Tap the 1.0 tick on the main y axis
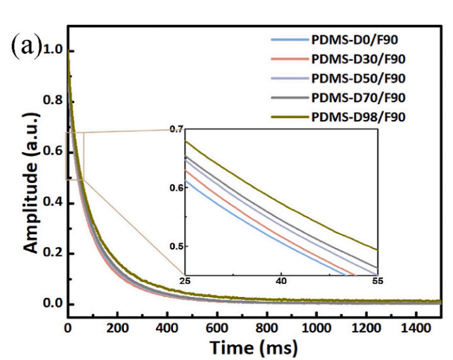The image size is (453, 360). point(52,51)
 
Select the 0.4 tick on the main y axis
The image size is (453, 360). point(52,203)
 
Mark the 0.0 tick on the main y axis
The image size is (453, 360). point(52,304)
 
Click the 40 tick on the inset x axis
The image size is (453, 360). point(281,281)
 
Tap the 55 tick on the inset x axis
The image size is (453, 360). point(378,281)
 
